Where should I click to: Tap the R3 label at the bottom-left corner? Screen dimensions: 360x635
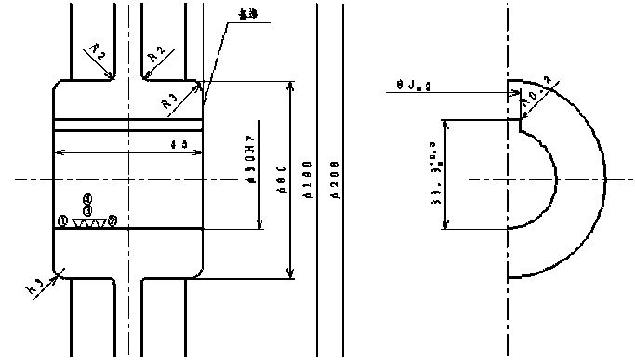(35, 285)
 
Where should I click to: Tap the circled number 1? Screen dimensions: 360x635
(62, 220)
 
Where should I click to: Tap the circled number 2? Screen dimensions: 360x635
(112, 220)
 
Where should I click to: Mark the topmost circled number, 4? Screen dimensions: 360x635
(87, 198)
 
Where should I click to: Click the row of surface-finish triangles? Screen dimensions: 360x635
(88, 223)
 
